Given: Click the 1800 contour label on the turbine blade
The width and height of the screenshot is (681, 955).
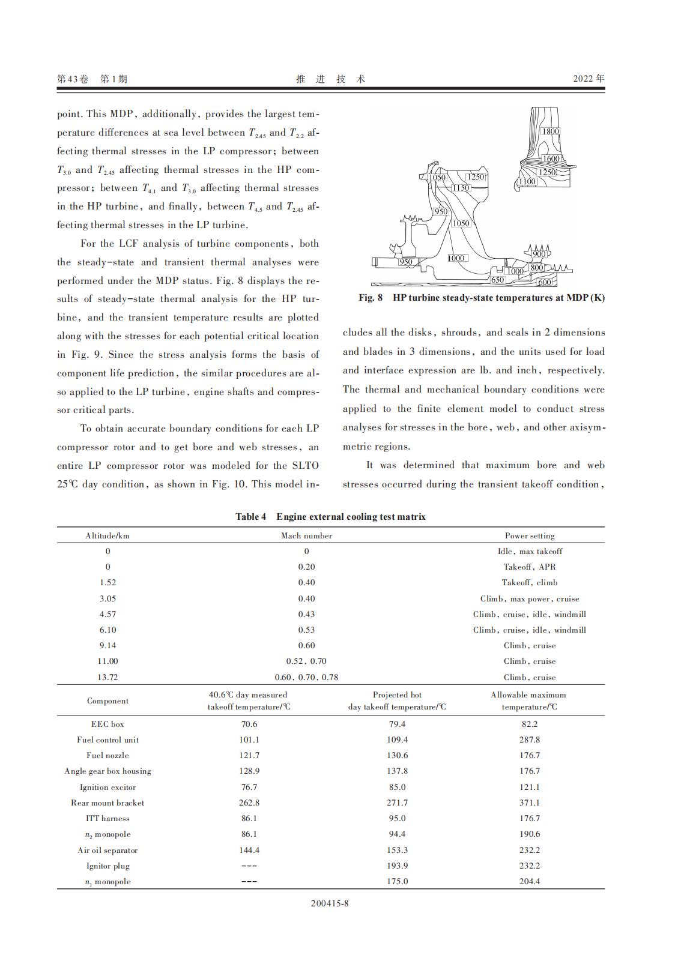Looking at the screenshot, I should click(x=550, y=131).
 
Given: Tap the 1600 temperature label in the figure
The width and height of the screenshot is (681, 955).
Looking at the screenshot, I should click(x=551, y=158).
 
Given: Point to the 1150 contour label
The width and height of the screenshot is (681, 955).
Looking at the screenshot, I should click(x=461, y=188).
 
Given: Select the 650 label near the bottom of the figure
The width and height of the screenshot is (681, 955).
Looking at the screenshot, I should click(x=497, y=280).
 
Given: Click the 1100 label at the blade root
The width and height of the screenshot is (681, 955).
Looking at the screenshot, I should click(x=527, y=181).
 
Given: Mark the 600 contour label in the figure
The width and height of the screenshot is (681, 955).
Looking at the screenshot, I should click(x=544, y=282).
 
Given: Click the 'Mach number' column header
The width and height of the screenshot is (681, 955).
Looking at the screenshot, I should click(x=306, y=535).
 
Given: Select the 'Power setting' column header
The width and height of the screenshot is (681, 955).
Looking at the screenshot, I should click(x=530, y=535).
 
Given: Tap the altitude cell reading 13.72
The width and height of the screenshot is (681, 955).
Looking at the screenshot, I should click(x=107, y=677).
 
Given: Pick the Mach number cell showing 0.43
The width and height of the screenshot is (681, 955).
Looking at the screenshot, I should click(x=306, y=614).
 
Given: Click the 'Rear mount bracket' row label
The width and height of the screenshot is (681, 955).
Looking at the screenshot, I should click(x=107, y=803).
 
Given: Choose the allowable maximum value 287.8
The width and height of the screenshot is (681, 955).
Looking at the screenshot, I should click(x=530, y=740).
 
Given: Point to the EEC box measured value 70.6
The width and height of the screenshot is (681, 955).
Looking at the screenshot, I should click(x=249, y=724).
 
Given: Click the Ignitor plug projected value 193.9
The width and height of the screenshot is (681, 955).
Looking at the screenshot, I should click(x=397, y=866).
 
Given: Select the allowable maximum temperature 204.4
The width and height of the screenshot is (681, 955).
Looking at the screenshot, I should click(x=530, y=881).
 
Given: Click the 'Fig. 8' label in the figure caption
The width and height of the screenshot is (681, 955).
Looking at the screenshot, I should click(x=371, y=298).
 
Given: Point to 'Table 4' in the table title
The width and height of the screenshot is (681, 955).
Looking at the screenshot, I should click(x=250, y=517).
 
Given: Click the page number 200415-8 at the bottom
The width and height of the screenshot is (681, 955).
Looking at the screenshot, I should click(x=330, y=920).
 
